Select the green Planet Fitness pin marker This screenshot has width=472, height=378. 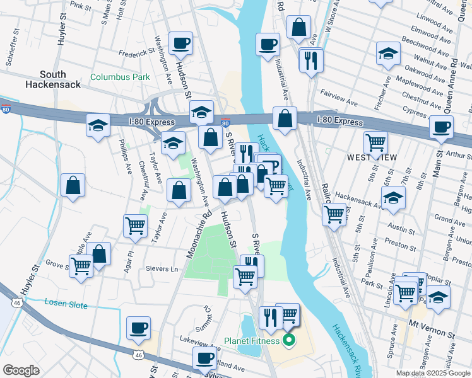click(x=289, y=341)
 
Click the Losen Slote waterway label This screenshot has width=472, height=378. click(x=66, y=304)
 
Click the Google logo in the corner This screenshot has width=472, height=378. click(x=21, y=370)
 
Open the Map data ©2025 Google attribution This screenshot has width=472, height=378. click(x=432, y=373)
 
